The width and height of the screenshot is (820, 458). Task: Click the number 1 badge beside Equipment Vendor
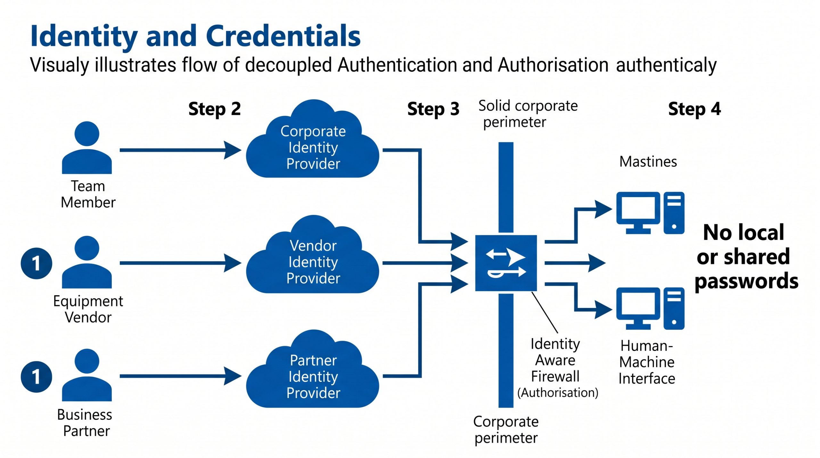36,263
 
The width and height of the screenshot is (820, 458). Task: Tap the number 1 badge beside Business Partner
36,377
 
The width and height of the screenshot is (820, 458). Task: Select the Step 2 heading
214,109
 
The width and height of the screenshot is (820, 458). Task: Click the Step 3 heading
433,109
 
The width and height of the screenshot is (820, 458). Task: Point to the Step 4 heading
694,109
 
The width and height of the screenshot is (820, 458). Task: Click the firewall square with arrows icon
506,263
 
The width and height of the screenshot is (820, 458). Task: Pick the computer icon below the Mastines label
650,213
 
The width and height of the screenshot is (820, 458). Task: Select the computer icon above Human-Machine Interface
650,308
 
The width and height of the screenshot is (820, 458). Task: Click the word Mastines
648,162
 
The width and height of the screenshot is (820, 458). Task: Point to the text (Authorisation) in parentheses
558,393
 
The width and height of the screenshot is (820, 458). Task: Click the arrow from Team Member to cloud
179,150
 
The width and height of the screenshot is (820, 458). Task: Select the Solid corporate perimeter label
528,114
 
